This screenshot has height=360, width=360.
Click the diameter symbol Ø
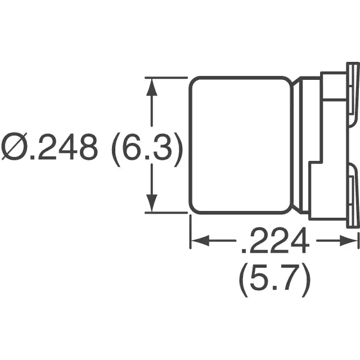pos(14,146)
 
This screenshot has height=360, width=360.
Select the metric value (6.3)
pos(147,150)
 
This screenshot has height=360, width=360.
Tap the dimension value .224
pos(276,240)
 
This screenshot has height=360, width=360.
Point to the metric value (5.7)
pos(275,280)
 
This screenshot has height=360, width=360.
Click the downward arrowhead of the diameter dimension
pos(151,203)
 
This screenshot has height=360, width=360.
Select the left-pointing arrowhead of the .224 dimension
pos(200,241)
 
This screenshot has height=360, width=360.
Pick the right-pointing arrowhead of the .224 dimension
pos(349,241)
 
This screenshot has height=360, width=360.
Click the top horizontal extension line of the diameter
pos(166,78)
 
